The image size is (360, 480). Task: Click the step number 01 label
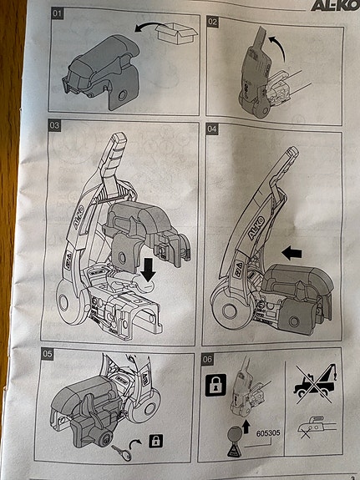(58, 14)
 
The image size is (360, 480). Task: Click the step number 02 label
(212, 22)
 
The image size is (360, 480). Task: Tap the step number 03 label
(54, 125)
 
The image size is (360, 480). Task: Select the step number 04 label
(211, 129)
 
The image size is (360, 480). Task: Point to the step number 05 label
(48, 354)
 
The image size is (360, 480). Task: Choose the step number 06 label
(207, 359)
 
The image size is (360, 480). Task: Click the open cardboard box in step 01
(175, 33)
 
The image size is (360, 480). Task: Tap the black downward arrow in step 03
(149, 270)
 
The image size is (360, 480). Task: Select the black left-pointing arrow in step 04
(292, 254)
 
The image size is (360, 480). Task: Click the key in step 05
(121, 453)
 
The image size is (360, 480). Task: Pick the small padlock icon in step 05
(156, 441)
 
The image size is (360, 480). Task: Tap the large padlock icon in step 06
(215, 385)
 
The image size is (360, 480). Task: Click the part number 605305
(268, 433)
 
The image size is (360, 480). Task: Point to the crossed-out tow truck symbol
(315, 382)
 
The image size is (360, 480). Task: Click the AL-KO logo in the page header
(335, 6)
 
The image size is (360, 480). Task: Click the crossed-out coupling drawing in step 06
(313, 427)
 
